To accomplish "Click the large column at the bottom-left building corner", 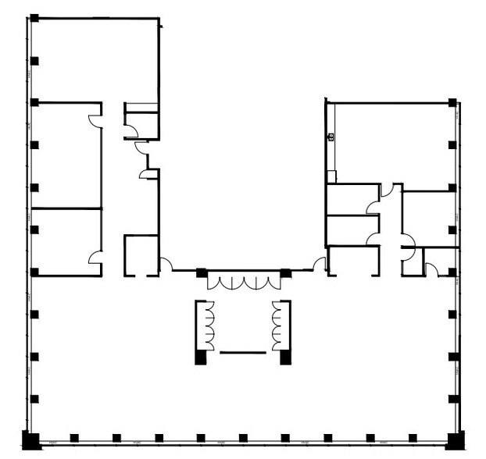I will click(x=30, y=440).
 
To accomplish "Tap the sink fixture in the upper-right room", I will click(x=331, y=137).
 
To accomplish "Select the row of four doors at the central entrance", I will click(x=243, y=283).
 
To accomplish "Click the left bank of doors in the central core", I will click(x=207, y=326).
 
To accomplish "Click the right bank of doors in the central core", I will click(x=277, y=326).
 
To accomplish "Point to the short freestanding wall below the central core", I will click(x=243, y=353).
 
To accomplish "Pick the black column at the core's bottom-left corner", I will click(x=201, y=358).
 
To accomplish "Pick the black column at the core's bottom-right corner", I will click(x=285, y=358).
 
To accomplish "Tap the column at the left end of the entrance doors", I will click(x=202, y=272).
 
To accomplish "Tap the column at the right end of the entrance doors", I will click(x=286, y=272).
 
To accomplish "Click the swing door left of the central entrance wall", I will click(x=166, y=265).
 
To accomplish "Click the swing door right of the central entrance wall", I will click(x=320, y=265).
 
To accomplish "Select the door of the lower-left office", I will click(x=95, y=257).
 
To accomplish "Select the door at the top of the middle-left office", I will click(x=95, y=121).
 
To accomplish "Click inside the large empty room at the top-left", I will click(x=94, y=59).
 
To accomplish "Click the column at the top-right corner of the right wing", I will click(x=452, y=102).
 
